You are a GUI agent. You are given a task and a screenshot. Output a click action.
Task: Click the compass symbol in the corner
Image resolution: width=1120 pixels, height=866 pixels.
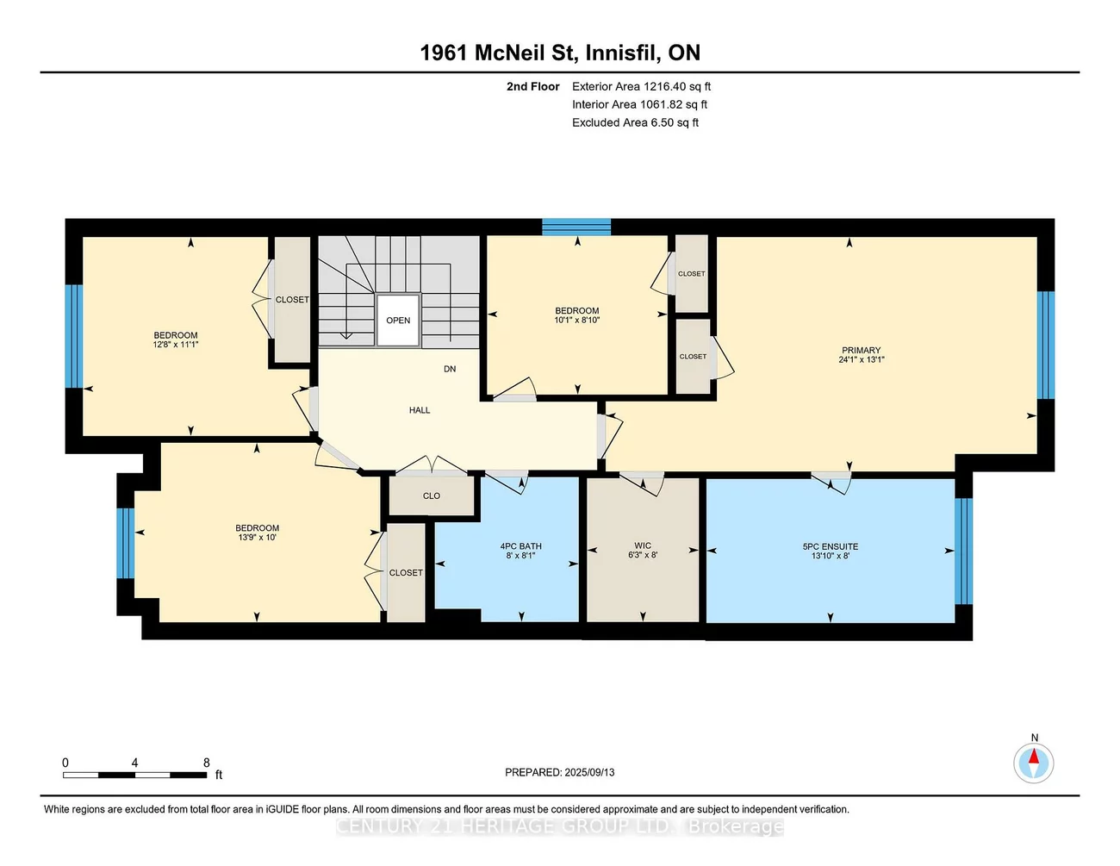point(1033,763)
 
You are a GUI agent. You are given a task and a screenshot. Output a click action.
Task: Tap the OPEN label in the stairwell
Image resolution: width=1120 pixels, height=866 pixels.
point(398,321)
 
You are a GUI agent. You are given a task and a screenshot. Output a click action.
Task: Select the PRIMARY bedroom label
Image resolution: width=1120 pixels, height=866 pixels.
point(861,351)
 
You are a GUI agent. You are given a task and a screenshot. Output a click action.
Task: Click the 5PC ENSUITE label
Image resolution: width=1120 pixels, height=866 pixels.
point(830,546)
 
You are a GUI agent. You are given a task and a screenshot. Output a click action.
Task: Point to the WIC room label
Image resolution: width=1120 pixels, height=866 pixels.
point(643,545)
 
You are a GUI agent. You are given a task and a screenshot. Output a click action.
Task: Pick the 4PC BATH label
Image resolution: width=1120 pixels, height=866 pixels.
point(520,546)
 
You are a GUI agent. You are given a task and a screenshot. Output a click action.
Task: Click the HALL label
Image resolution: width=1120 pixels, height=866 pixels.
point(420,410)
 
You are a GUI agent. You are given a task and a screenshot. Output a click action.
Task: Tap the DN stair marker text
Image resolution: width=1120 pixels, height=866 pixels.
point(450,369)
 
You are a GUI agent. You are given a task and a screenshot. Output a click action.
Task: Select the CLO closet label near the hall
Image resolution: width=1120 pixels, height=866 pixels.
point(432,495)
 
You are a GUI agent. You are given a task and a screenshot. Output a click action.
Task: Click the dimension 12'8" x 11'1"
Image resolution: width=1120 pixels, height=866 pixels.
point(176,345)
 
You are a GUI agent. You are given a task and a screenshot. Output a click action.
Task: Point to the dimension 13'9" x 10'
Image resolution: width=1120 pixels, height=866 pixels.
point(258,538)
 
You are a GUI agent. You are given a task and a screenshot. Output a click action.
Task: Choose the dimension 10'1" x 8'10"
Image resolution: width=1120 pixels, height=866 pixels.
point(576,320)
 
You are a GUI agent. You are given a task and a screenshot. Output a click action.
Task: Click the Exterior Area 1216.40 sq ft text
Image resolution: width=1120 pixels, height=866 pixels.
point(641,86)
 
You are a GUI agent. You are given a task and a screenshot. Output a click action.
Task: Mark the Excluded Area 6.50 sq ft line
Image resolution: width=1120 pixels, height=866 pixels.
point(635,122)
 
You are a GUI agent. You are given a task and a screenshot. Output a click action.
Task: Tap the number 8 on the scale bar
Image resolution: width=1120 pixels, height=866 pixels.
point(207,763)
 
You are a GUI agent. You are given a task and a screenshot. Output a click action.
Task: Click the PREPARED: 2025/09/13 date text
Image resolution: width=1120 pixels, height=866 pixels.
point(560,772)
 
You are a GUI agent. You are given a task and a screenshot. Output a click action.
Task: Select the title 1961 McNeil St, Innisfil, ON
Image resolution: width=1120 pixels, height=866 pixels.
point(560,53)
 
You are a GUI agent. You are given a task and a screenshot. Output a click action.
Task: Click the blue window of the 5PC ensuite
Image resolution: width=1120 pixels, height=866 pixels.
point(963,551)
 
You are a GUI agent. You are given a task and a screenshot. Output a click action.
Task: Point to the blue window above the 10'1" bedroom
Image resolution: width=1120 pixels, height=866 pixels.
point(576,227)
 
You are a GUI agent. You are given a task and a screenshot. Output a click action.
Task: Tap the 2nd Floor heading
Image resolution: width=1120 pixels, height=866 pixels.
point(532,86)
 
